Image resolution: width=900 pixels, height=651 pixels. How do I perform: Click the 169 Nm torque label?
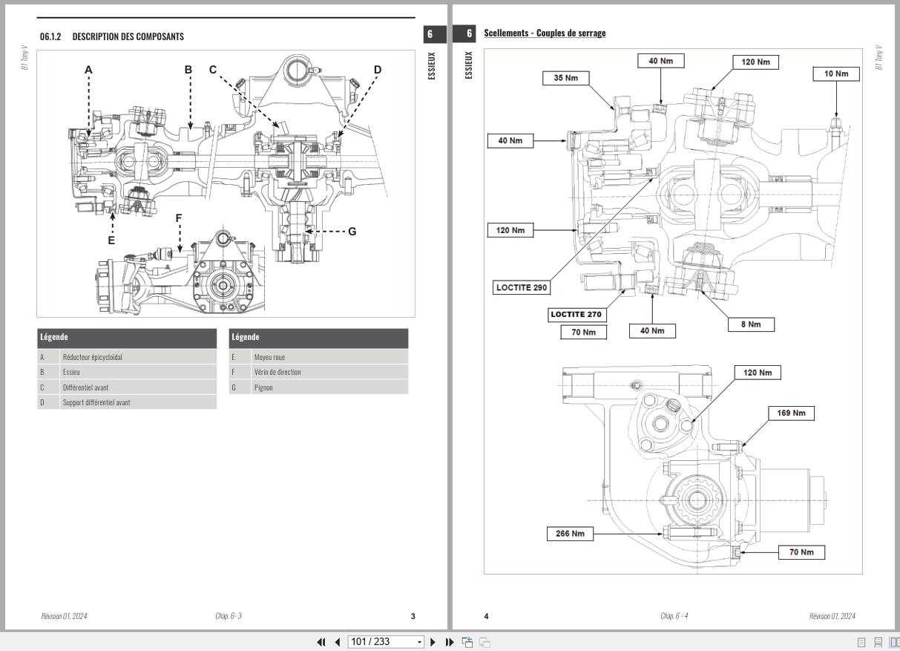pyautogui.click(x=791, y=413)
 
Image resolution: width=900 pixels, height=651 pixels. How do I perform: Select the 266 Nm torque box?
pyautogui.click(x=570, y=533)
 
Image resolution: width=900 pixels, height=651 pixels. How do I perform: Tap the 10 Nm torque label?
pyautogui.click(x=836, y=73)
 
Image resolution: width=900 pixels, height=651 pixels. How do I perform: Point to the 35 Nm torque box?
pyautogui.click(x=566, y=78)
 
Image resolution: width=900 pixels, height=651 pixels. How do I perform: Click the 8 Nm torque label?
pyautogui.click(x=750, y=324)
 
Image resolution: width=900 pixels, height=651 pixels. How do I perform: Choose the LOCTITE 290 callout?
pyautogui.click(x=522, y=287)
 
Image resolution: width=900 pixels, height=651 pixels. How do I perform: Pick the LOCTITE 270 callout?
pyautogui.click(x=576, y=314)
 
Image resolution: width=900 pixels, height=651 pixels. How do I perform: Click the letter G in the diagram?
pyautogui.click(x=352, y=232)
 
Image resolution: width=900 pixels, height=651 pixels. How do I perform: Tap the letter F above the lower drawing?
pyautogui.click(x=179, y=218)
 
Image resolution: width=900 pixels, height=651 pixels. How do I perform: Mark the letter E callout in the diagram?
pyautogui.click(x=111, y=240)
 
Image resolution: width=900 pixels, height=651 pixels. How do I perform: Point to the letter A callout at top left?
pyautogui.click(x=88, y=70)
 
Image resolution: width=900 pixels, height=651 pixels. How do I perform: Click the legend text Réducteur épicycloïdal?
pyautogui.click(x=93, y=357)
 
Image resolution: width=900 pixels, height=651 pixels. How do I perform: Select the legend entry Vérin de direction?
pyautogui.click(x=277, y=372)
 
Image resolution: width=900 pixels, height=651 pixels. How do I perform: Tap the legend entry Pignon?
pyautogui.click(x=263, y=387)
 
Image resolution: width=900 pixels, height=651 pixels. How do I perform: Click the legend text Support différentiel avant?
pyautogui.click(x=96, y=402)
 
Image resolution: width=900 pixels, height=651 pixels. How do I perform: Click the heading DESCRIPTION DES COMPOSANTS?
pyautogui.click(x=128, y=36)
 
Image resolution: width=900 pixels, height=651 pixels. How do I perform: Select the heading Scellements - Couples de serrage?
pyautogui.click(x=545, y=33)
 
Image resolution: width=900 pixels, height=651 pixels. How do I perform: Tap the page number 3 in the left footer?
pyautogui.click(x=413, y=616)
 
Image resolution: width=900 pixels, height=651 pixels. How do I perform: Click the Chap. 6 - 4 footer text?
pyautogui.click(x=674, y=616)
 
